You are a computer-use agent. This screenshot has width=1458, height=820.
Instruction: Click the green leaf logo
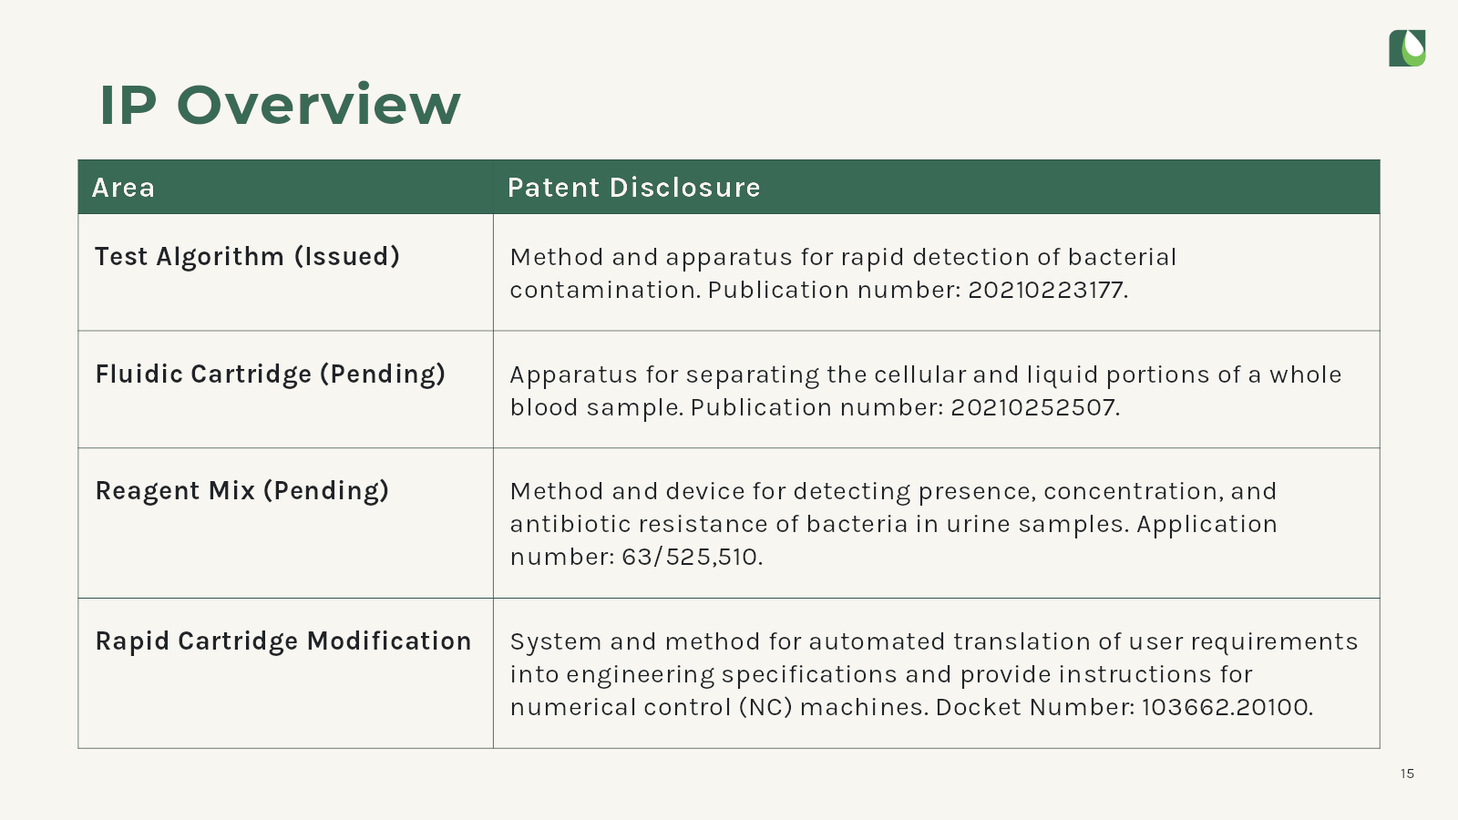point(1407,48)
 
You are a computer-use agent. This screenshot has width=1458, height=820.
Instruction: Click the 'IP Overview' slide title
point(280,105)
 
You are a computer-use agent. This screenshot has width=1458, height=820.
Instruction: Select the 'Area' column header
point(124,188)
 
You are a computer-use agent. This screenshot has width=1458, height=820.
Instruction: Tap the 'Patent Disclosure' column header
point(634,188)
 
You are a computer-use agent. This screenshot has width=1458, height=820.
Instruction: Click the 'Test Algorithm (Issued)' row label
point(247,256)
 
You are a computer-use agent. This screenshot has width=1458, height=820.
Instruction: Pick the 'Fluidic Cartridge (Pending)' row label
point(271,374)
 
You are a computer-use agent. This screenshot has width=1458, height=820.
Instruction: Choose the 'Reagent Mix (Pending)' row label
point(242,491)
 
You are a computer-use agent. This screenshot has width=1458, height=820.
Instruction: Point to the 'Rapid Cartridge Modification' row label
point(283,641)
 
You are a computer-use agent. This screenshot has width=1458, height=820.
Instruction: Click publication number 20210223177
point(1047,290)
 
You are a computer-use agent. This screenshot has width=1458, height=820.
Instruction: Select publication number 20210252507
point(1033,407)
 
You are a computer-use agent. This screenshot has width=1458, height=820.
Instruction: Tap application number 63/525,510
point(691,557)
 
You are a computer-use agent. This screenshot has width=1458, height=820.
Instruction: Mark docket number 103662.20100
point(1227,707)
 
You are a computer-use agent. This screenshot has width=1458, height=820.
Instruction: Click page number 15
point(1407,774)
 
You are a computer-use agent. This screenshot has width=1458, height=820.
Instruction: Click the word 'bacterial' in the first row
point(1122,257)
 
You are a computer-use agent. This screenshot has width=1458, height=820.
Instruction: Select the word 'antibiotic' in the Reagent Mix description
point(570,524)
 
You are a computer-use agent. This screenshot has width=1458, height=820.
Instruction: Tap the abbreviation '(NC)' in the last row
point(765,707)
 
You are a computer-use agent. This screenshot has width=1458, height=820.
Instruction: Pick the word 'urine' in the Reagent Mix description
point(979,524)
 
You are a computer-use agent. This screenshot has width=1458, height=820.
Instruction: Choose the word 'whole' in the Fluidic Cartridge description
point(1305,374)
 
